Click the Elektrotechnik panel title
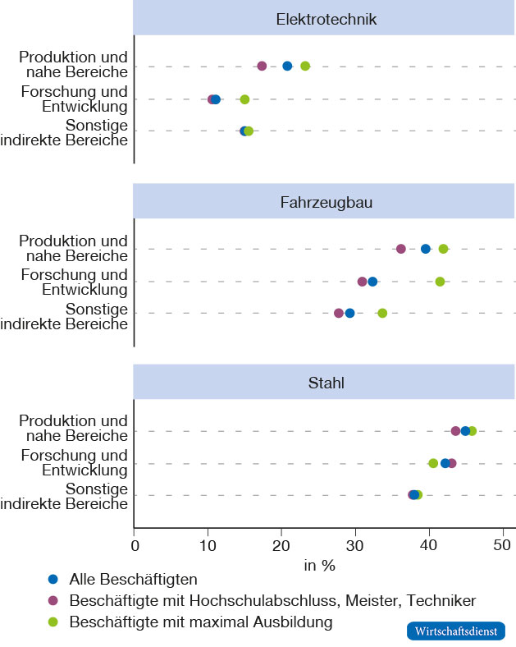[326, 19]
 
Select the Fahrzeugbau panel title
[326, 201]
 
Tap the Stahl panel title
[326, 383]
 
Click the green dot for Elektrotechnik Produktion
[305, 67]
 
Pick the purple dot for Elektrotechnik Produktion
[262, 67]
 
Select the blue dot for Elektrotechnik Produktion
[287, 67]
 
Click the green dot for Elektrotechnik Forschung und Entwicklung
[244, 99]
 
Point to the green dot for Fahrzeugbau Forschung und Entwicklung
[440, 282]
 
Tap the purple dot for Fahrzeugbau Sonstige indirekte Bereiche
[339, 313]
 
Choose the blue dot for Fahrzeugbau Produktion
[425, 249]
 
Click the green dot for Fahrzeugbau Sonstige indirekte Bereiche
[382, 313]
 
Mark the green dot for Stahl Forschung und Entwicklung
[433, 463]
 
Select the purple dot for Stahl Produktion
[455, 431]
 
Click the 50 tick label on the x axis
[502, 544]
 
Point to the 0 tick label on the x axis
[135, 544]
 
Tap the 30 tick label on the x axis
[355, 544]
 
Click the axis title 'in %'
[320, 565]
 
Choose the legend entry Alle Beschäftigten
[134, 579]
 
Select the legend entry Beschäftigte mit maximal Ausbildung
[201, 622]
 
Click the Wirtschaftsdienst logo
[455, 631]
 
